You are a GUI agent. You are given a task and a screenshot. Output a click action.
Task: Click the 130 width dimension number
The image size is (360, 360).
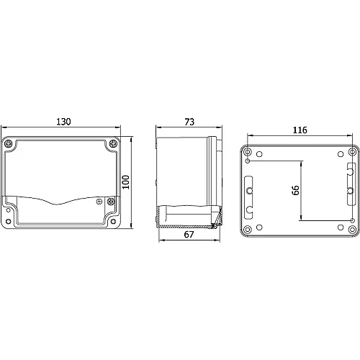pyautogui.click(x=63, y=122)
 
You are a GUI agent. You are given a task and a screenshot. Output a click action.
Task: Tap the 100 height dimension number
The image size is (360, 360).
pyautogui.click(x=126, y=182)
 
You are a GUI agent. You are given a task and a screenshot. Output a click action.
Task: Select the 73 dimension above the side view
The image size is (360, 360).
pyautogui.click(x=189, y=122)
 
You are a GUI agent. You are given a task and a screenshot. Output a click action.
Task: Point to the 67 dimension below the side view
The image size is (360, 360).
pyautogui.click(x=189, y=235)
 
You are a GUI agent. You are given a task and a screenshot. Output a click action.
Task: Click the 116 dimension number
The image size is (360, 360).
pyautogui.click(x=300, y=130)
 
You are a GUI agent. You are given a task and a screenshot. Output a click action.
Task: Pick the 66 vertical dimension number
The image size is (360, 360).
pyautogui.click(x=296, y=190)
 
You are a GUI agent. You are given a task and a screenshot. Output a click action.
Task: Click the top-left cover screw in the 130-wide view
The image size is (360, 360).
pyautogui.click(x=9, y=144)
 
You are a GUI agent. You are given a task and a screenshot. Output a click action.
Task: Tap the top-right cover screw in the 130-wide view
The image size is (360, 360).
pyautogui.click(x=113, y=144)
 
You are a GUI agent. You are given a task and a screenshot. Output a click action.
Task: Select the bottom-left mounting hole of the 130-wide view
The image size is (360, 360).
pyautogui.click(x=9, y=221)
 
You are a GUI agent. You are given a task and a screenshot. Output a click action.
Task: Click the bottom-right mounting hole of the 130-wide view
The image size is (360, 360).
pyautogui.click(x=113, y=221)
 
